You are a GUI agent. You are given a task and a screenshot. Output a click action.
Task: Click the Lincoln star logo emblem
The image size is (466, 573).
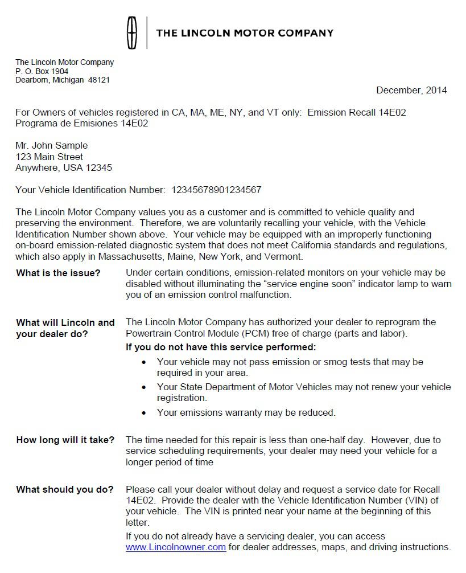(132, 33)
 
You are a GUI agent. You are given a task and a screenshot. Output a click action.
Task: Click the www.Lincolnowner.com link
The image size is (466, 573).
(176, 547)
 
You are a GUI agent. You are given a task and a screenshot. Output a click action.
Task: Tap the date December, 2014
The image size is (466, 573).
(411, 90)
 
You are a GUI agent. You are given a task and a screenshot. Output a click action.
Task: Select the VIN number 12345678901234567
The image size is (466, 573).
(216, 190)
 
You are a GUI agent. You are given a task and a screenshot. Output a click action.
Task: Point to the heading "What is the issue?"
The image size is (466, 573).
(58, 273)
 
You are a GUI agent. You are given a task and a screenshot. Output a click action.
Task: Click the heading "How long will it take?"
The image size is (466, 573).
(65, 440)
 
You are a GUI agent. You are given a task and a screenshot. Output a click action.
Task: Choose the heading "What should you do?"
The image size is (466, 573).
(64, 489)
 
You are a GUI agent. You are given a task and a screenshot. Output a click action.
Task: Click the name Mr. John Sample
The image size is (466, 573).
(52, 145)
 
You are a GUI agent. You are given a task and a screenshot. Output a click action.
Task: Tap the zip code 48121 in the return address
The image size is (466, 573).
(99, 80)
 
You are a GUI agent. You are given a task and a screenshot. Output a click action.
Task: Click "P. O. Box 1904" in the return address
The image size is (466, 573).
(42, 71)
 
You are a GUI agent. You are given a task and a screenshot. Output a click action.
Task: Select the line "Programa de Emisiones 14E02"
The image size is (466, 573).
(82, 123)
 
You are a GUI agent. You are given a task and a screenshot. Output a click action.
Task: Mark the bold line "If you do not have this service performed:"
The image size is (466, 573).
(221, 347)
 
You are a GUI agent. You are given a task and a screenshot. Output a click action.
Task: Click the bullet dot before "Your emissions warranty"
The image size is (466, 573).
(144, 413)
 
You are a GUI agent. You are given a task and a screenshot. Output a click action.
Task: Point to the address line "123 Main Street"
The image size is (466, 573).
(49, 157)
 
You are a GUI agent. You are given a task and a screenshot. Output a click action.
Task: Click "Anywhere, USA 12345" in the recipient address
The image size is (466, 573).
(64, 168)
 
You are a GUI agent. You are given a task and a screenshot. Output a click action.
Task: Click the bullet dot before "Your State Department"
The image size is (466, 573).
(144, 387)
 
